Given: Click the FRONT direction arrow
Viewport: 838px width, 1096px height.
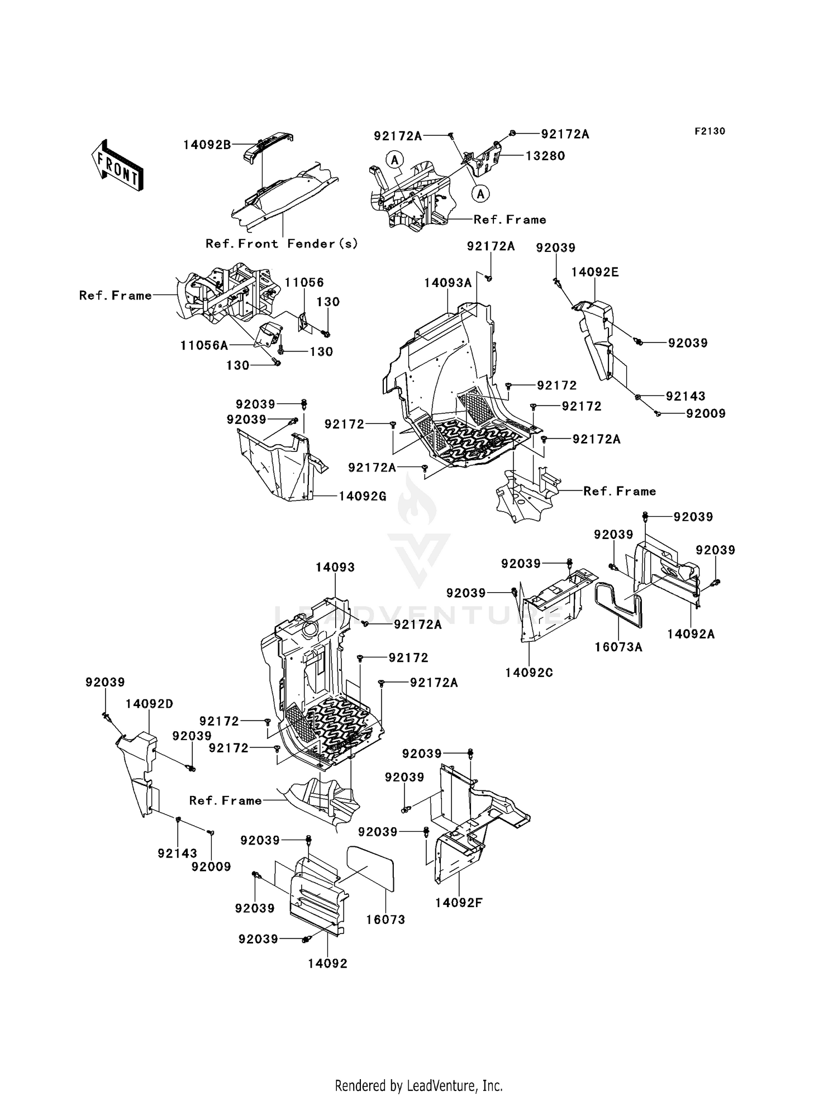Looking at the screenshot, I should tap(117, 166).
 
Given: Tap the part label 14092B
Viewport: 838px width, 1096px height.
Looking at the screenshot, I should tap(207, 145).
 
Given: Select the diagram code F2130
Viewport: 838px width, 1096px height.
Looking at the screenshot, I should tap(710, 131).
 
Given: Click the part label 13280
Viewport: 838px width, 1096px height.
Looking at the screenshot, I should tap(545, 156).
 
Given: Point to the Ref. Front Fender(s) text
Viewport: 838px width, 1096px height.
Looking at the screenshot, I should tap(282, 244).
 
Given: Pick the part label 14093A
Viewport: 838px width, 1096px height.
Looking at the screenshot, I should tap(447, 283).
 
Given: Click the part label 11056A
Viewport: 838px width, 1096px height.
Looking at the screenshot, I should tap(204, 346).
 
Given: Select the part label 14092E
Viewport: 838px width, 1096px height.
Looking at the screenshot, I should tap(594, 273).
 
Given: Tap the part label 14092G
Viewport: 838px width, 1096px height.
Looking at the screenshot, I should tap(363, 496).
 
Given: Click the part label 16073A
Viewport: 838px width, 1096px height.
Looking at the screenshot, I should tap(618, 647).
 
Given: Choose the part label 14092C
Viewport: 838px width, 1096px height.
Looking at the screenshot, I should tap(528, 673).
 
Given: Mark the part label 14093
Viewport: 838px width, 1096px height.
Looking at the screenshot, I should tap(335, 568).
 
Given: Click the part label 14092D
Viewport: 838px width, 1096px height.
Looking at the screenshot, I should tap(149, 704).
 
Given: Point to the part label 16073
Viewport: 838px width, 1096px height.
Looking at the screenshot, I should tap(385, 919).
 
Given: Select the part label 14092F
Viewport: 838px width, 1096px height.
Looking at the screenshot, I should tap(458, 903).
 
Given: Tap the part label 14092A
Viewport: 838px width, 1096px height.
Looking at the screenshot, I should tap(691, 634).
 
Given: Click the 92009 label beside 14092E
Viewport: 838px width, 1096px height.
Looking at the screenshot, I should tap(706, 414).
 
